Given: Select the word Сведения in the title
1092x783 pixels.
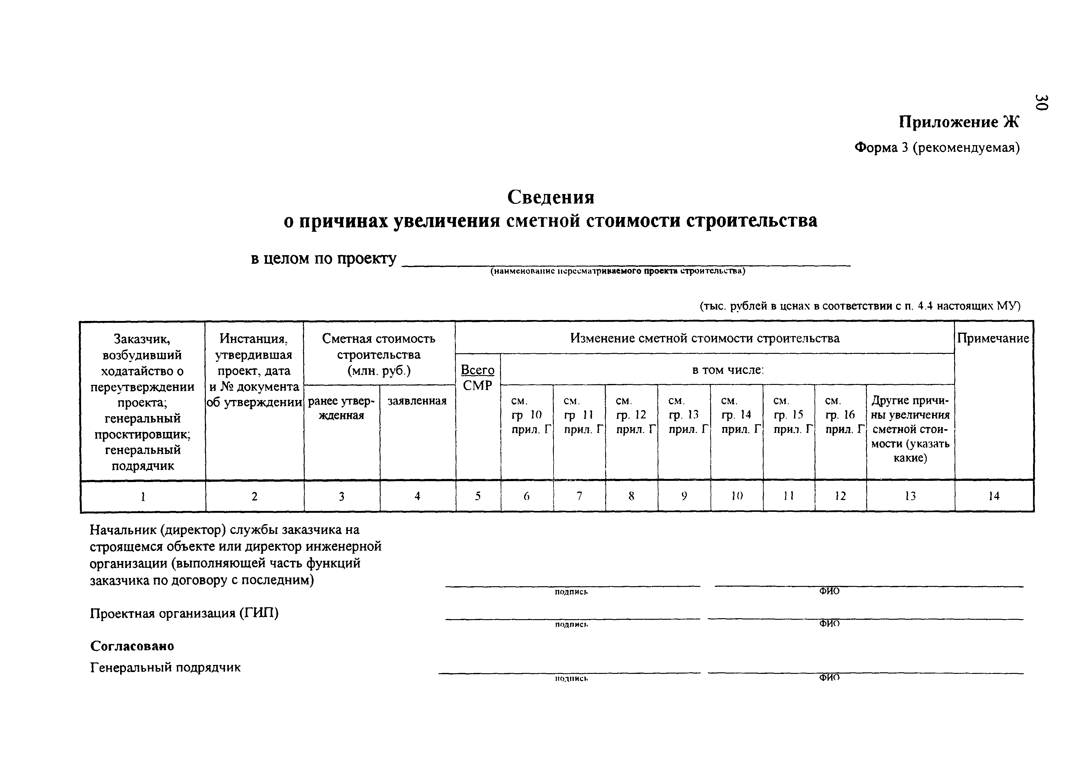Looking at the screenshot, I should pos(550,196).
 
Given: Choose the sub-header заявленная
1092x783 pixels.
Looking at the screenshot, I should pos(417,401).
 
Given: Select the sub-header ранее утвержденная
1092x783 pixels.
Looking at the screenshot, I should pos(341,408).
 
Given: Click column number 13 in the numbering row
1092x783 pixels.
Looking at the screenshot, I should pos(910,496).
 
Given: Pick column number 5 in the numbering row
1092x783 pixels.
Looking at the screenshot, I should pos(478,496).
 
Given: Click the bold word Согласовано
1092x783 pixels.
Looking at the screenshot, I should pos(132,646).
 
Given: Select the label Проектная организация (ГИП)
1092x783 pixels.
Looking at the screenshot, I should pos(184,613).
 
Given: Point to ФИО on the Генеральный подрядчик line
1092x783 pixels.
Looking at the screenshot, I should pos(829,678).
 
